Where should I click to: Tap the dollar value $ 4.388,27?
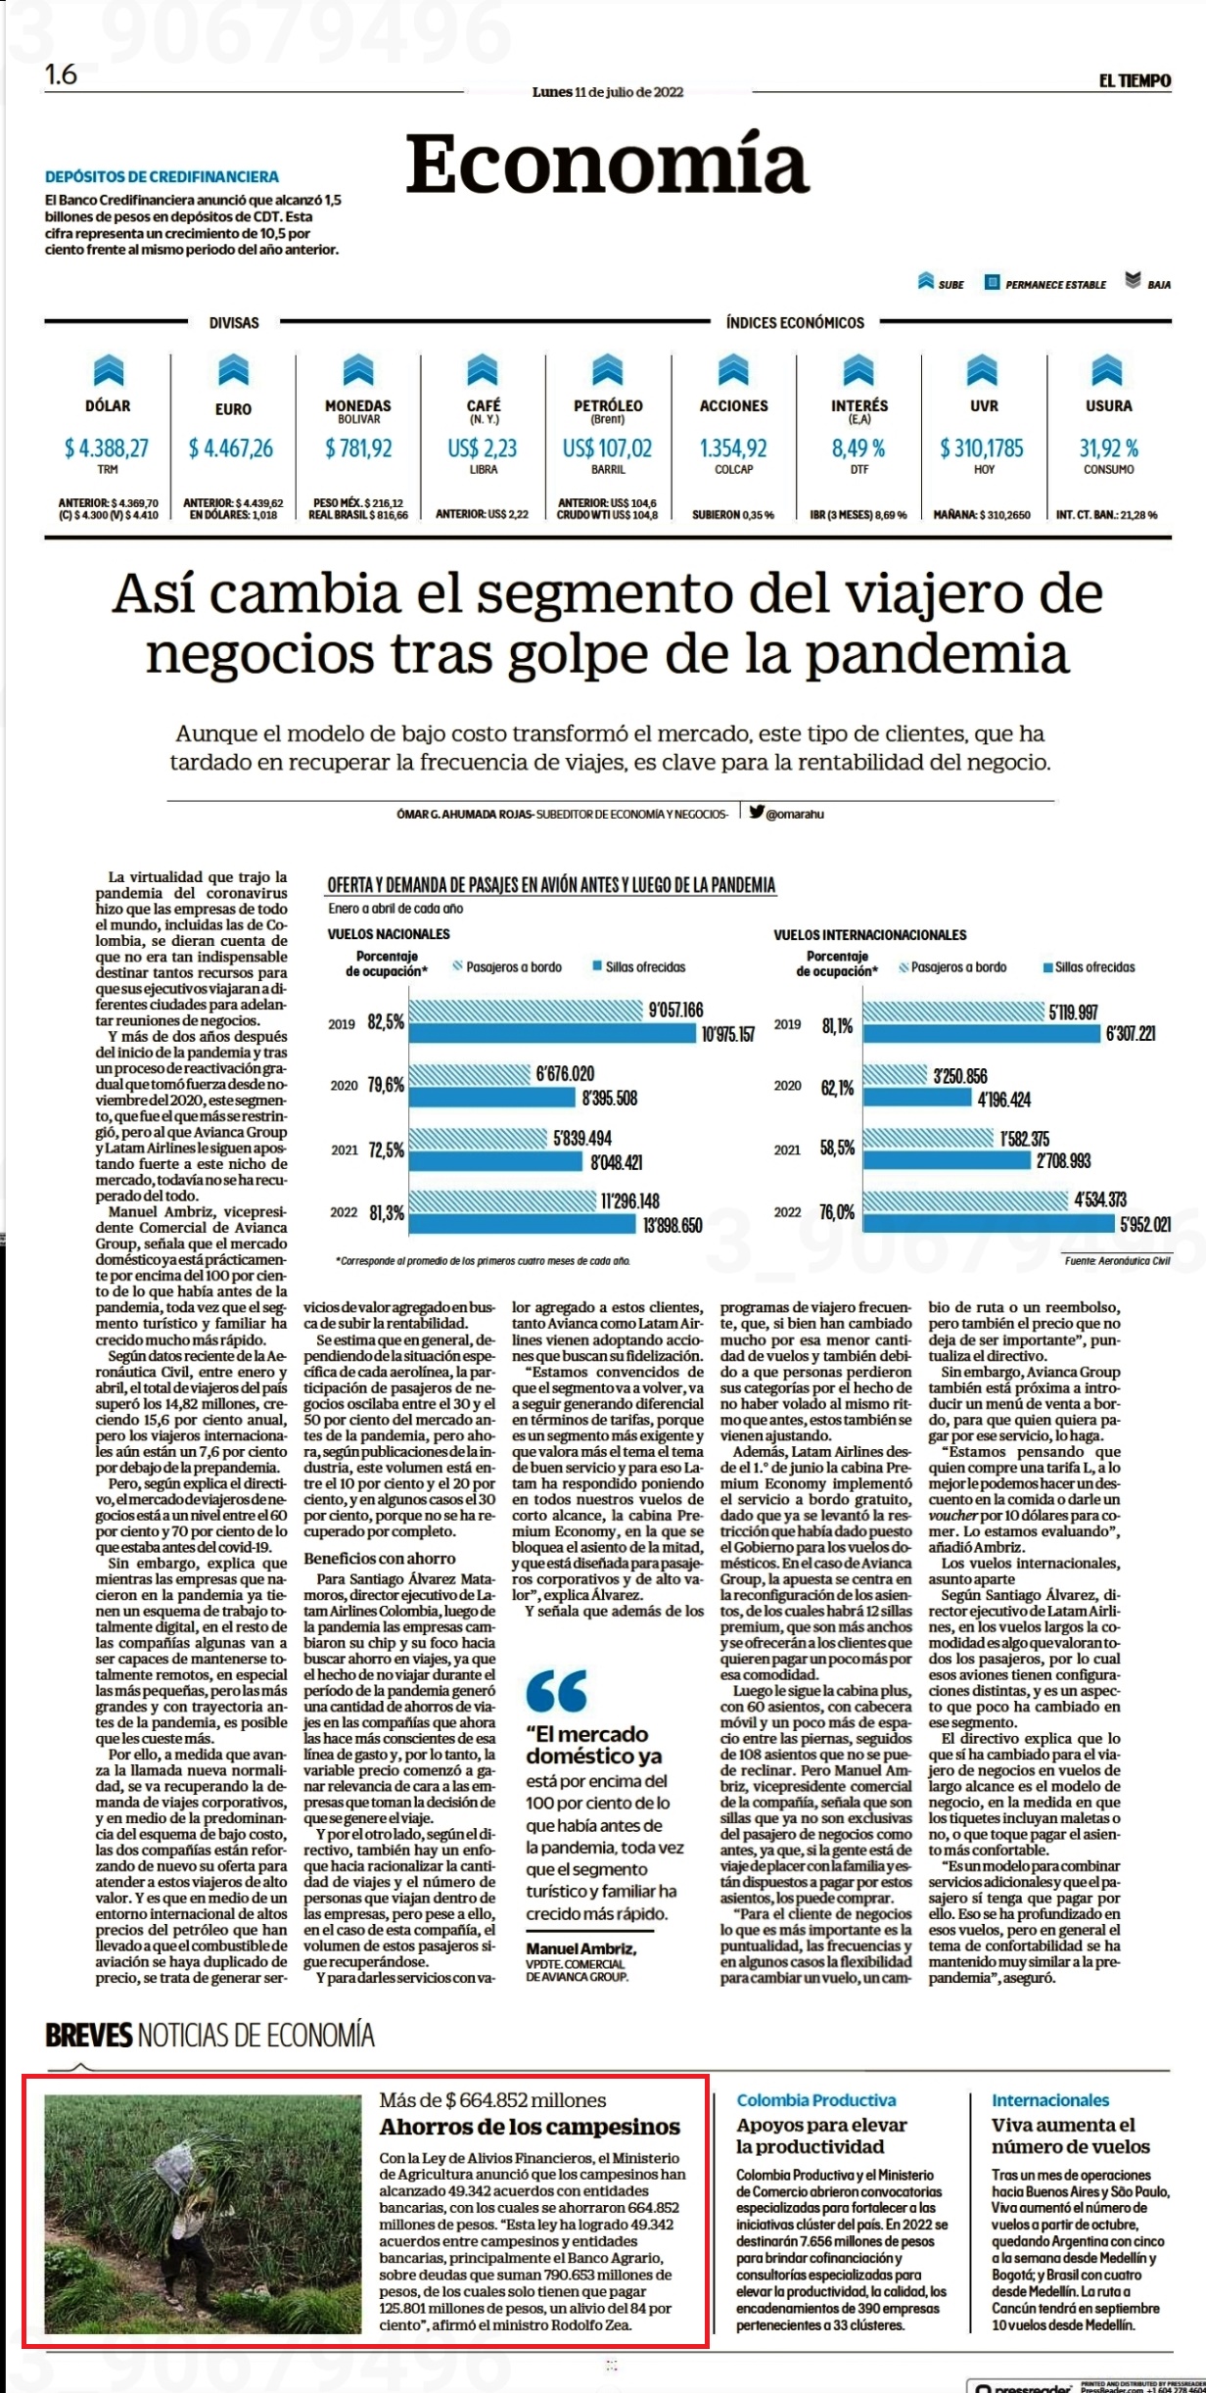click(x=107, y=448)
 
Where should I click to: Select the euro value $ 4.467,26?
click(x=231, y=448)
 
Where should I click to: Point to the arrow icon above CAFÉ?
click(x=483, y=371)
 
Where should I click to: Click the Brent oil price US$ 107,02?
click(x=607, y=448)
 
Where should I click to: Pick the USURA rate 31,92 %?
click(x=1109, y=448)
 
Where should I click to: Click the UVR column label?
click(x=984, y=405)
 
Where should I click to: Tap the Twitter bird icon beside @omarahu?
click(x=757, y=811)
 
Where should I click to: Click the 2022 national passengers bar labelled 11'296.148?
click(x=503, y=1200)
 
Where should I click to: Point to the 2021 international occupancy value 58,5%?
click(x=837, y=1150)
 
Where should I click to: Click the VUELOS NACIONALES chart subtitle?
click(x=389, y=934)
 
